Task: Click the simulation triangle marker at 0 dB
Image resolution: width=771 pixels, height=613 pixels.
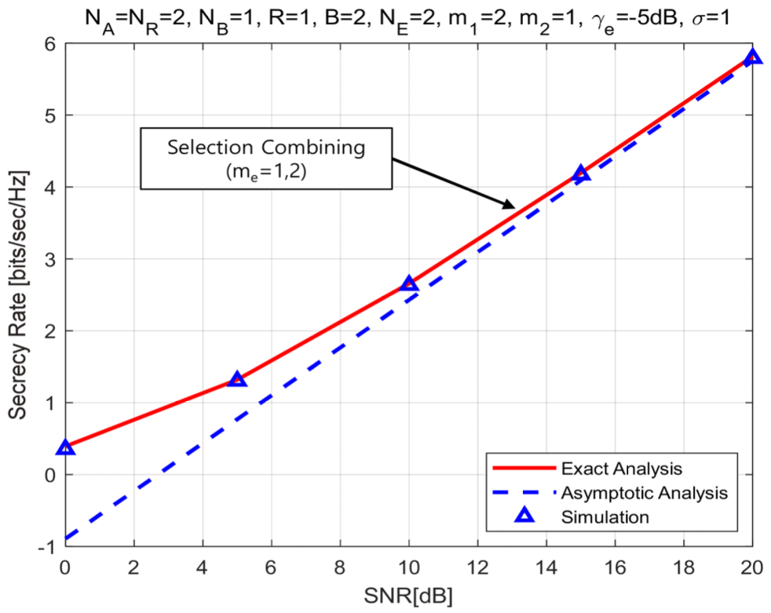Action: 66,447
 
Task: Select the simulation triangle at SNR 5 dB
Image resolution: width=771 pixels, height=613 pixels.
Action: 237,379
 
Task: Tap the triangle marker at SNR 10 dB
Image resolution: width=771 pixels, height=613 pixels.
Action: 409,284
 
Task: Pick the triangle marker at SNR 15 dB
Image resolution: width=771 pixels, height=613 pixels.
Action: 581,173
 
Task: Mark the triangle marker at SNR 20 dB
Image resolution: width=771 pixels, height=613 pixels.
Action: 752,57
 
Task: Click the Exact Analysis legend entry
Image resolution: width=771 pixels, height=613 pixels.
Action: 620,469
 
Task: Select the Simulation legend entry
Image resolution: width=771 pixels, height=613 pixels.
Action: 605,516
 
